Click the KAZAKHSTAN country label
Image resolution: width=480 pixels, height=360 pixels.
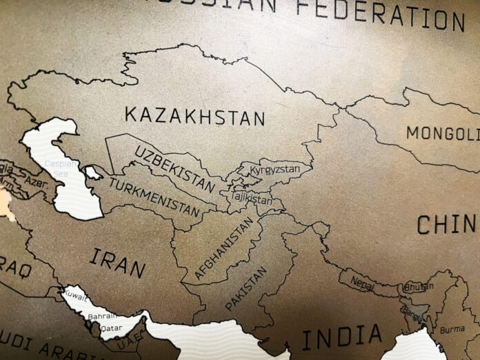click(194, 116)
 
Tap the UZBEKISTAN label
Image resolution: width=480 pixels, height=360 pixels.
click(174, 168)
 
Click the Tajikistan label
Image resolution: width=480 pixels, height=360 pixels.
click(250, 199)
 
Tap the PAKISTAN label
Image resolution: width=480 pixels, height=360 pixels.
click(245, 289)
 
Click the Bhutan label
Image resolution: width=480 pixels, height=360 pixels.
click(415, 286)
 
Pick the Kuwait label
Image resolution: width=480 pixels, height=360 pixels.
click(75, 297)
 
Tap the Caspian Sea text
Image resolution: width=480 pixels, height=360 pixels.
click(57, 168)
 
